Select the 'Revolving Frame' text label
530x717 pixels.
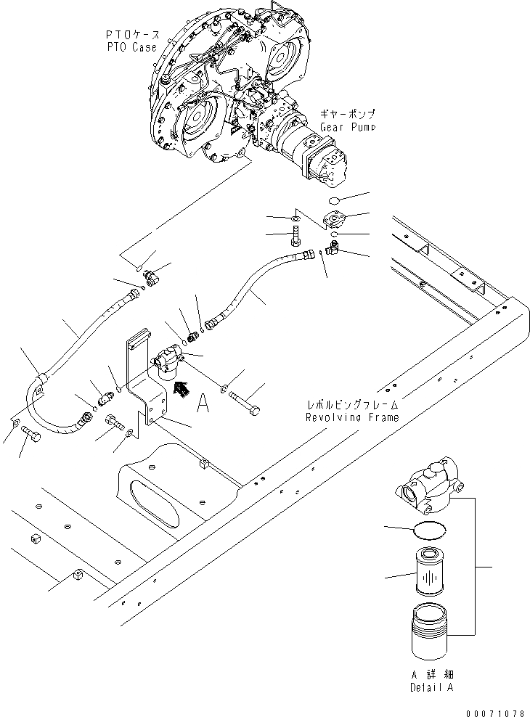click(354, 418)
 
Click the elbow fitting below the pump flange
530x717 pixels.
click(332, 250)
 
